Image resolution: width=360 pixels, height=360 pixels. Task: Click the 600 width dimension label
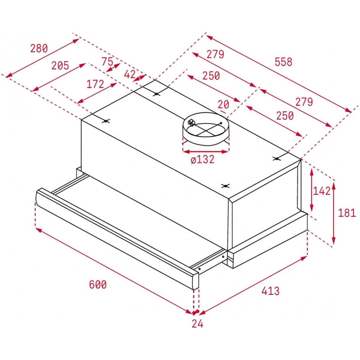[x=98, y=284]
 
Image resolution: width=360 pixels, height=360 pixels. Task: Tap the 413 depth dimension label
[x=270, y=291]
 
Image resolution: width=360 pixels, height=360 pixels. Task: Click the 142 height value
[x=322, y=191]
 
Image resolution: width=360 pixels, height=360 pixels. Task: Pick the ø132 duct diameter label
[x=202, y=160]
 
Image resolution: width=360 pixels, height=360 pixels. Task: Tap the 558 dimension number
[x=283, y=62]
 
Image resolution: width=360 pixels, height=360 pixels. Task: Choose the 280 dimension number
[x=39, y=48]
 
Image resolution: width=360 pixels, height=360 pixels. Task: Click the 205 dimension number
[x=60, y=66]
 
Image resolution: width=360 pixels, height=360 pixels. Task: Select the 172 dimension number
[x=95, y=84]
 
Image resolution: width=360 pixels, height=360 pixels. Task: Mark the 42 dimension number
[x=130, y=75]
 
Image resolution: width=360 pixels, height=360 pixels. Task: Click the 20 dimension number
[x=223, y=105]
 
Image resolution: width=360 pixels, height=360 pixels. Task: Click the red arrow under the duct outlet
[x=206, y=151]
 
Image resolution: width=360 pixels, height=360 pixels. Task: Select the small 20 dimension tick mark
[x=223, y=112]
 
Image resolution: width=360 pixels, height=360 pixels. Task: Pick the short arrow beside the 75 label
[x=113, y=67]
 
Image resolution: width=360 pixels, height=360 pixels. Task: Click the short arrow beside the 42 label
[x=139, y=78]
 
